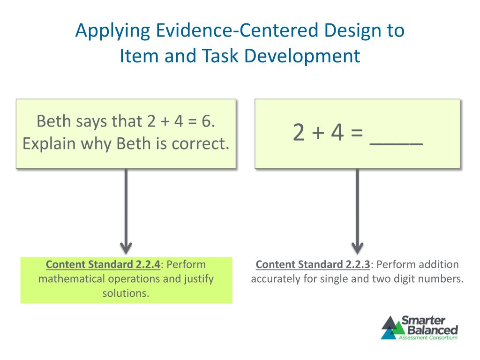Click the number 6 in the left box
point(206,121)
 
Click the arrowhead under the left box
point(126,247)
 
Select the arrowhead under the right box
point(358,247)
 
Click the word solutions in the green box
point(126,293)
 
